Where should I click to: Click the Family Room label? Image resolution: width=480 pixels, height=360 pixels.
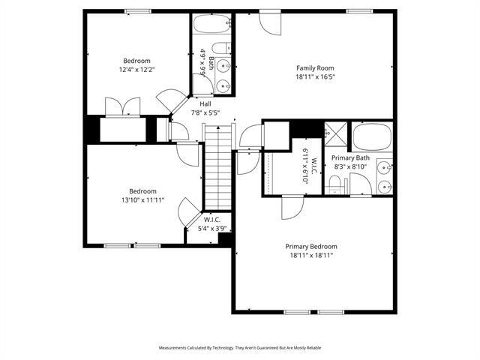coord(313,67)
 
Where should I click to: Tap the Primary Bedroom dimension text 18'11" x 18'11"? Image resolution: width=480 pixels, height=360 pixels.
coord(310,255)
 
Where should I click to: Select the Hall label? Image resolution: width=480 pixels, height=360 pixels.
coord(205,103)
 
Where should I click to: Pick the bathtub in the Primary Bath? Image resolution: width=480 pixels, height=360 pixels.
coord(371,137)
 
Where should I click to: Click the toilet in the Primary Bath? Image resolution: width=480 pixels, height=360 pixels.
coord(334,184)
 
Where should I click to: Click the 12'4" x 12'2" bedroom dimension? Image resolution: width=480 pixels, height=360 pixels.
coord(137,70)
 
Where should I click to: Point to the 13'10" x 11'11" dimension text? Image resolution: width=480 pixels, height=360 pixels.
coord(142,200)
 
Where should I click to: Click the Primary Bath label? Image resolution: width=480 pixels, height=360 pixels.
coord(350,158)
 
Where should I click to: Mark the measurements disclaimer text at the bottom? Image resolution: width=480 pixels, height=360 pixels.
coord(240,348)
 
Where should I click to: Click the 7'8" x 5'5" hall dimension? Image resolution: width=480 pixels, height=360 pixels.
coord(205,112)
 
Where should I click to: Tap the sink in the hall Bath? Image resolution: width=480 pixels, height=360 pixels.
coord(223,85)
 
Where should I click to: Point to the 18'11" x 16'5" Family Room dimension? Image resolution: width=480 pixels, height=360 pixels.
coord(313,76)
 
